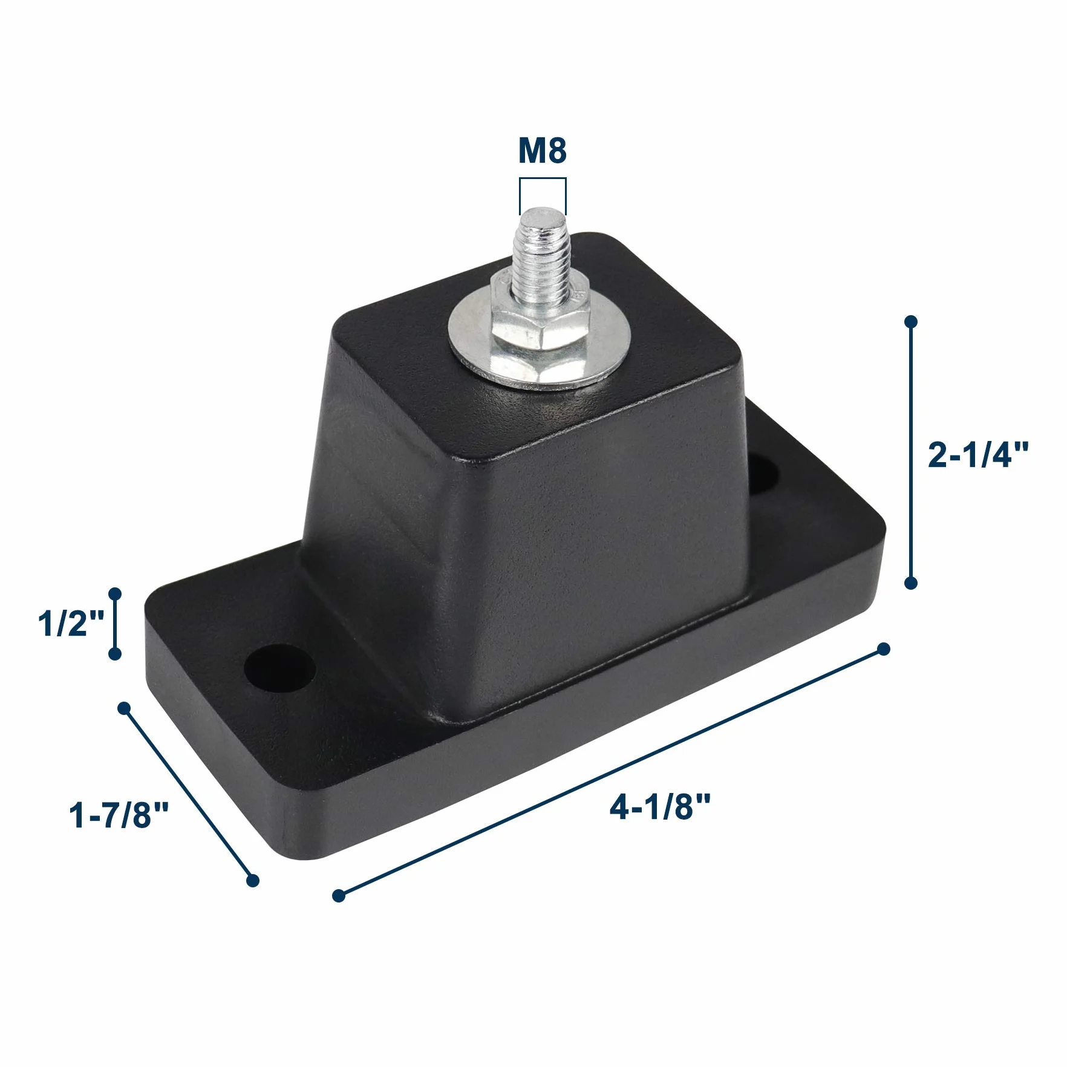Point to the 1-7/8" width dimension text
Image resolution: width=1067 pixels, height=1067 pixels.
[119, 814]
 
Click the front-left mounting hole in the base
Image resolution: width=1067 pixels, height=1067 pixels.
[280, 670]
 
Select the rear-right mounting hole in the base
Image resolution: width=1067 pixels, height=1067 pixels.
[763, 474]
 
